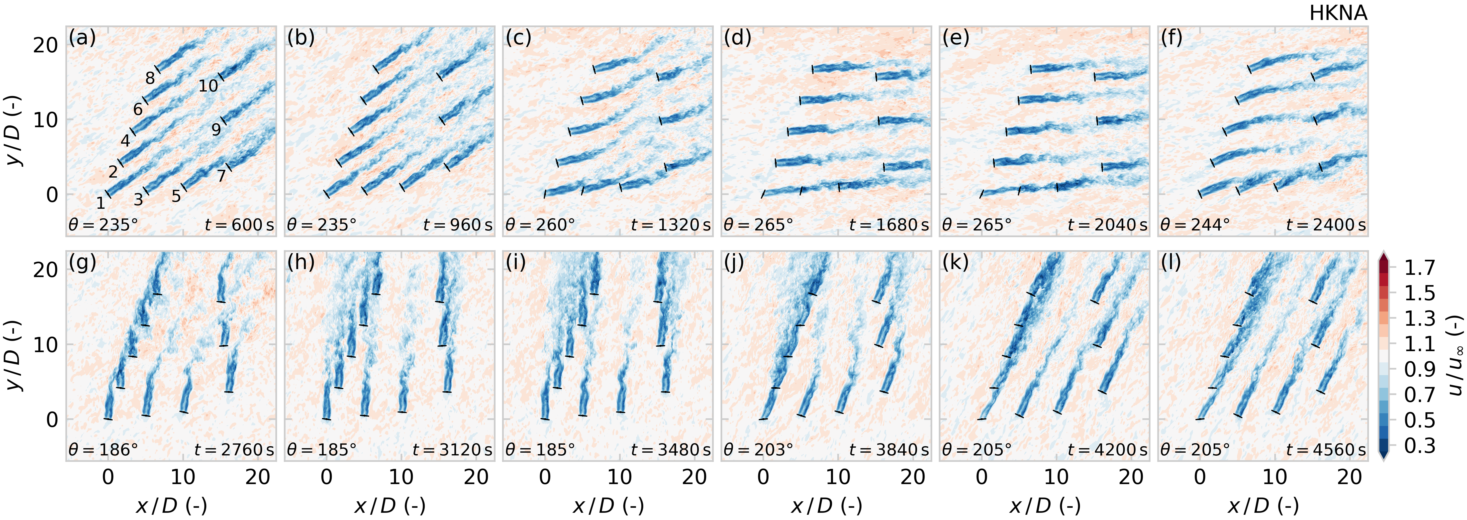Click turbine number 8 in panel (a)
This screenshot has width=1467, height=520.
point(150,78)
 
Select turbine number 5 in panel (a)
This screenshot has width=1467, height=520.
point(176,196)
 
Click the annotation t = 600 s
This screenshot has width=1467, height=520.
point(239,225)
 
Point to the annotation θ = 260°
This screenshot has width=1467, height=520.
point(540,225)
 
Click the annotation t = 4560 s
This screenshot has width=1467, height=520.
point(1326,450)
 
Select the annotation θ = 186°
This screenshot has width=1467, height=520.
point(103,450)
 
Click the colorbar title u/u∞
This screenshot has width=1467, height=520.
point(1455,356)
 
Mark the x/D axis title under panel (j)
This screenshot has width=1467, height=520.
point(826,505)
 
